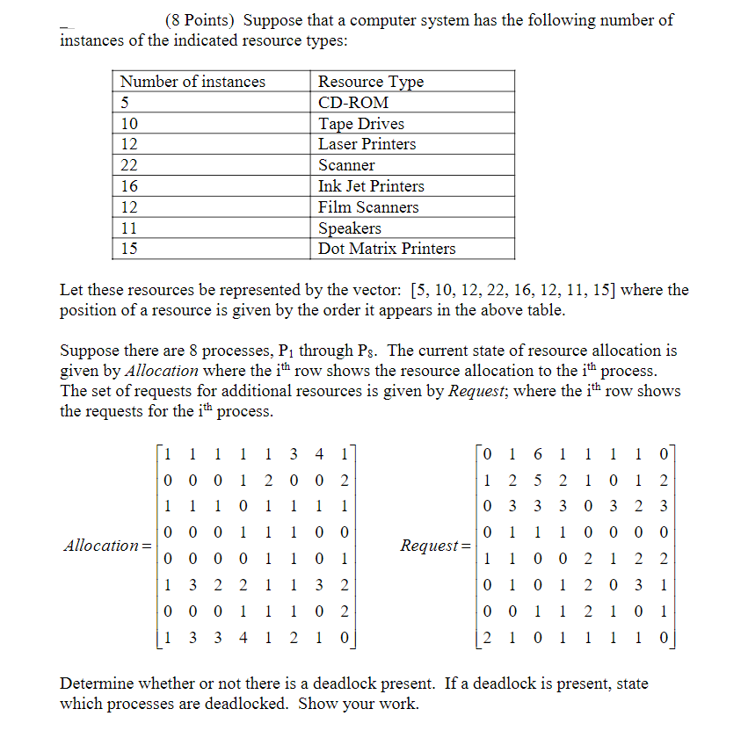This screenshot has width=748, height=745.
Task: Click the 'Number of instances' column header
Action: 192,82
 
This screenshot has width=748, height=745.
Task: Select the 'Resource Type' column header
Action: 370,82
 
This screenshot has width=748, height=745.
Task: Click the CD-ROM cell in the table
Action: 352,103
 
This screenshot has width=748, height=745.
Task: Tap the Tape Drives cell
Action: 360,124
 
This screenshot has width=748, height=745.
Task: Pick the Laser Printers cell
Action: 367,144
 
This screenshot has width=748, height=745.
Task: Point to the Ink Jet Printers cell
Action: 371,186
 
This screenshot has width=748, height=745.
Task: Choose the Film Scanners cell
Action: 367,207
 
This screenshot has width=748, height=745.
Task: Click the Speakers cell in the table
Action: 349,228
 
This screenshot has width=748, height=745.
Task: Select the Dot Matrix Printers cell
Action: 386,249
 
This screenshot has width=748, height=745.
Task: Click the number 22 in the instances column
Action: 129,165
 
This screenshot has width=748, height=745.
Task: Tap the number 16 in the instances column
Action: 129,186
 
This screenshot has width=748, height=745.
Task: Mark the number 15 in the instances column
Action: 129,249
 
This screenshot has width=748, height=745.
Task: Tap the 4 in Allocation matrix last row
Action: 243,636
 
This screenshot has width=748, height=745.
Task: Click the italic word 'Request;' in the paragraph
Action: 476,392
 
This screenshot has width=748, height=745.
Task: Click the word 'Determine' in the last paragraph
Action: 97,684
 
